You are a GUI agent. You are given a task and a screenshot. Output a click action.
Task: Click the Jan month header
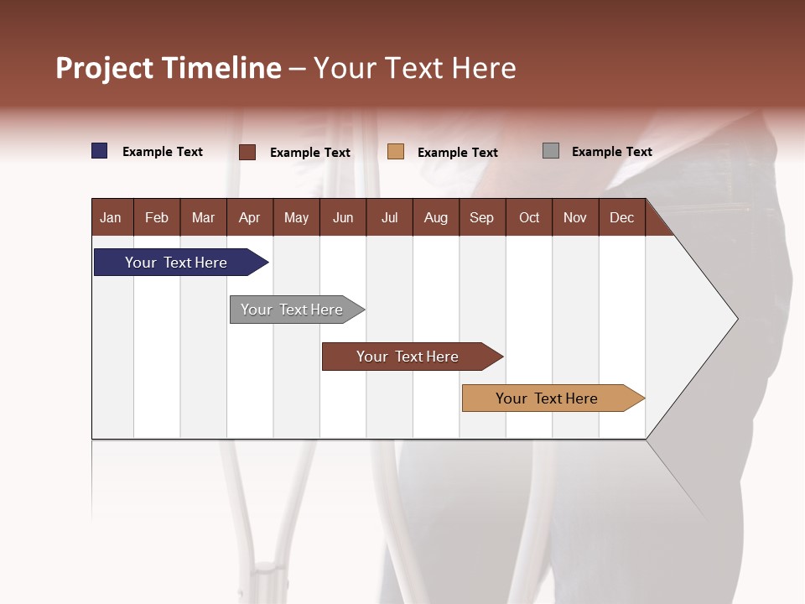point(111,217)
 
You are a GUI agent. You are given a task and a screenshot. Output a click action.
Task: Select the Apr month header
point(249,217)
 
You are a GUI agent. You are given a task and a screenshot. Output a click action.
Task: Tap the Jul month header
point(389,217)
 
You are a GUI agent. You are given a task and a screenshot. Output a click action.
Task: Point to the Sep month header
point(481,217)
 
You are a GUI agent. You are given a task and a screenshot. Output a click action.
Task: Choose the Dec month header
point(621,217)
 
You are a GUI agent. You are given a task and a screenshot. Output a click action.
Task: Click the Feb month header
point(157,217)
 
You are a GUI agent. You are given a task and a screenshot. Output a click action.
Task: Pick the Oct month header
point(529,217)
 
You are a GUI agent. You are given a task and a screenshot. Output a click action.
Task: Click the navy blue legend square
point(100,151)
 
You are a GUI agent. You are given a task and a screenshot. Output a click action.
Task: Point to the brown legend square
point(247,152)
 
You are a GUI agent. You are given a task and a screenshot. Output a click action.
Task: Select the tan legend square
point(396,152)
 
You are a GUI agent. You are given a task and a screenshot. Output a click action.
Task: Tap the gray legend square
point(551,151)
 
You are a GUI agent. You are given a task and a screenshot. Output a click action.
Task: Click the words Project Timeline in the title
point(169,68)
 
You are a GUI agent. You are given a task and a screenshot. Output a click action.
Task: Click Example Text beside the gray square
point(611,152)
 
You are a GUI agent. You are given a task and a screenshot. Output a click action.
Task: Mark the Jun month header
point(343,217)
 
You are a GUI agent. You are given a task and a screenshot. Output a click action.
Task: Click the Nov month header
point(575,217)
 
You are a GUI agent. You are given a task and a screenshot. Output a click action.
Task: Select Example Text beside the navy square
point(163,152)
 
